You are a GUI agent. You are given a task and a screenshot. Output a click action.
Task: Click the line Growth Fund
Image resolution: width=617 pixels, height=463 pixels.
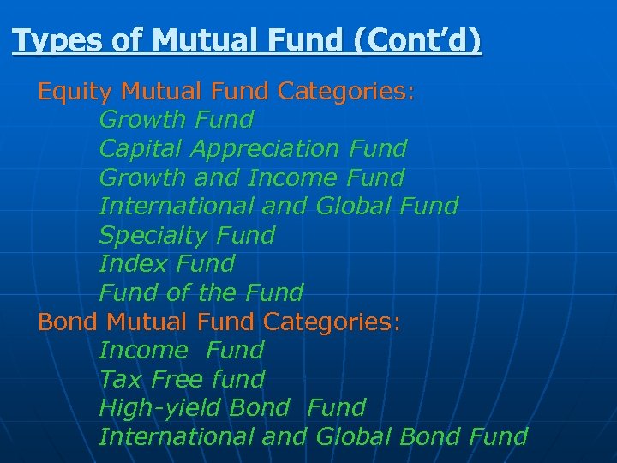tap(177, 119)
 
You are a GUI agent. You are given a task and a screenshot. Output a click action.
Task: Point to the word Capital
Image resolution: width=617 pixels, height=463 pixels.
tap(141, 148)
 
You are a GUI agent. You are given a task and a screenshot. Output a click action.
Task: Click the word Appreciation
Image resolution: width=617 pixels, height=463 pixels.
tap(266, 148)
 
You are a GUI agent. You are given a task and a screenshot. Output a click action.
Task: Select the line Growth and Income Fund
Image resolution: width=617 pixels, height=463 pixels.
tap(252, 177)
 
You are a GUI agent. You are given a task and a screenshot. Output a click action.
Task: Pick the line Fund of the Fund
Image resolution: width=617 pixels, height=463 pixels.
tap(201, 292)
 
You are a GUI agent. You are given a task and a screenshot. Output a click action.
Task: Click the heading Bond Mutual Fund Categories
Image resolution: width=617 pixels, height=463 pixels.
tap(219, 322)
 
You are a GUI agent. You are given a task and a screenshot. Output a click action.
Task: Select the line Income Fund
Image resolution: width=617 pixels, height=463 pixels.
tap(182, 350)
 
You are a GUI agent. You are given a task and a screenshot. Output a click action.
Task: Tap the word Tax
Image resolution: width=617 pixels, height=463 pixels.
tap(121, 379)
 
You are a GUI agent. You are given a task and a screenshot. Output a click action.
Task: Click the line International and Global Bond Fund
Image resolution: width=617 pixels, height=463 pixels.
tap(314, 436)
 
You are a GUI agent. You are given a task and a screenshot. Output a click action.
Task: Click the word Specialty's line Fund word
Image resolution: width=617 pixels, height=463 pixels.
tap(246, 235)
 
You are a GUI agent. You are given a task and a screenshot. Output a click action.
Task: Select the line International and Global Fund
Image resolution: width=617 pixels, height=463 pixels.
tap(279, 206)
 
